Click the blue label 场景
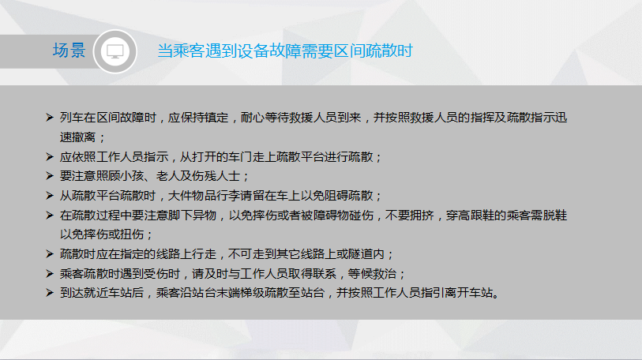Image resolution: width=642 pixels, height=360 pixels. point(69,51)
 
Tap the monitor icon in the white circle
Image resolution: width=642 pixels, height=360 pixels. point(115,51)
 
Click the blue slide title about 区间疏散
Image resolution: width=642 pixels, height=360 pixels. point(285,51)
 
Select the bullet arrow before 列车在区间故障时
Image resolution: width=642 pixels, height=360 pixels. point(50,118)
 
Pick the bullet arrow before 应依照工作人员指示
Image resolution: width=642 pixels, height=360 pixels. point(50,157)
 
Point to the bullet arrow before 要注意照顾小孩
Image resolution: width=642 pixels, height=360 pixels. point(50,176)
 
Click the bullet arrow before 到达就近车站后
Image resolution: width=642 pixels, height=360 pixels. point(50,293)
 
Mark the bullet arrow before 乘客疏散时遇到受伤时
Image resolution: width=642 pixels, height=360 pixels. point(50,274)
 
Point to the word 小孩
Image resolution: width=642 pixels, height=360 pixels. point(132,176)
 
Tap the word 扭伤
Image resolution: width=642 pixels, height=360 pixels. point(132,234)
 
